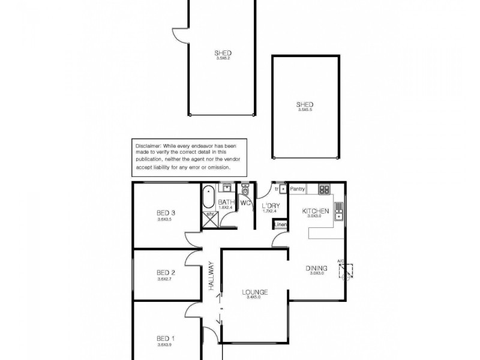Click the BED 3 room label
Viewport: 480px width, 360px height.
[165, 212]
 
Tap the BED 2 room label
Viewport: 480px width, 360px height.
[165, 271]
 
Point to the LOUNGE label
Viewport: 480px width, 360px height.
[255, 292]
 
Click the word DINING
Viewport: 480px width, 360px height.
[316, 268]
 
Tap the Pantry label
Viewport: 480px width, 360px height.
[298, 189]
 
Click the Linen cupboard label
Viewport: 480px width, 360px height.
[281, 225]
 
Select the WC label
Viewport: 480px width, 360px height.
[245, 203]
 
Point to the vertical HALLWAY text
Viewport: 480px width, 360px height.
[211, 276]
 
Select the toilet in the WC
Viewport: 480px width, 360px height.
[245, 191]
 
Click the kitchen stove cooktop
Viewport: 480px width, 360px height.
[324, 190]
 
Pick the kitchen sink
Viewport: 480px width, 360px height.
[338, 212]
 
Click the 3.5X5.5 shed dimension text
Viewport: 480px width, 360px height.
[306, 109]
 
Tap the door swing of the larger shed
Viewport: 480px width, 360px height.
[181, 35]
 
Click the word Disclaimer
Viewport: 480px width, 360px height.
[148, 146]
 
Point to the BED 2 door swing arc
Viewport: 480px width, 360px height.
[194, 257]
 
